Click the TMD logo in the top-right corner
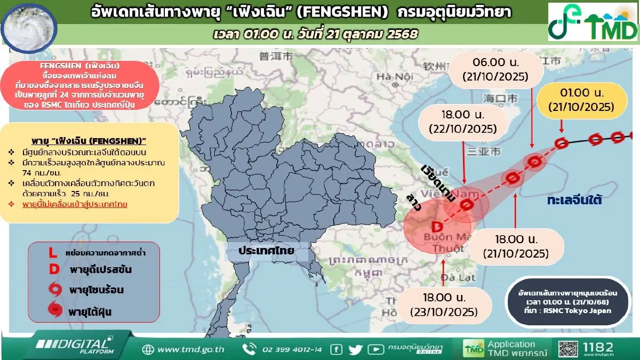593,22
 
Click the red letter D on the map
435,226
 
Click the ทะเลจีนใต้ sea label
574,201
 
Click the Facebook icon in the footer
336,349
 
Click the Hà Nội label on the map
391,76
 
